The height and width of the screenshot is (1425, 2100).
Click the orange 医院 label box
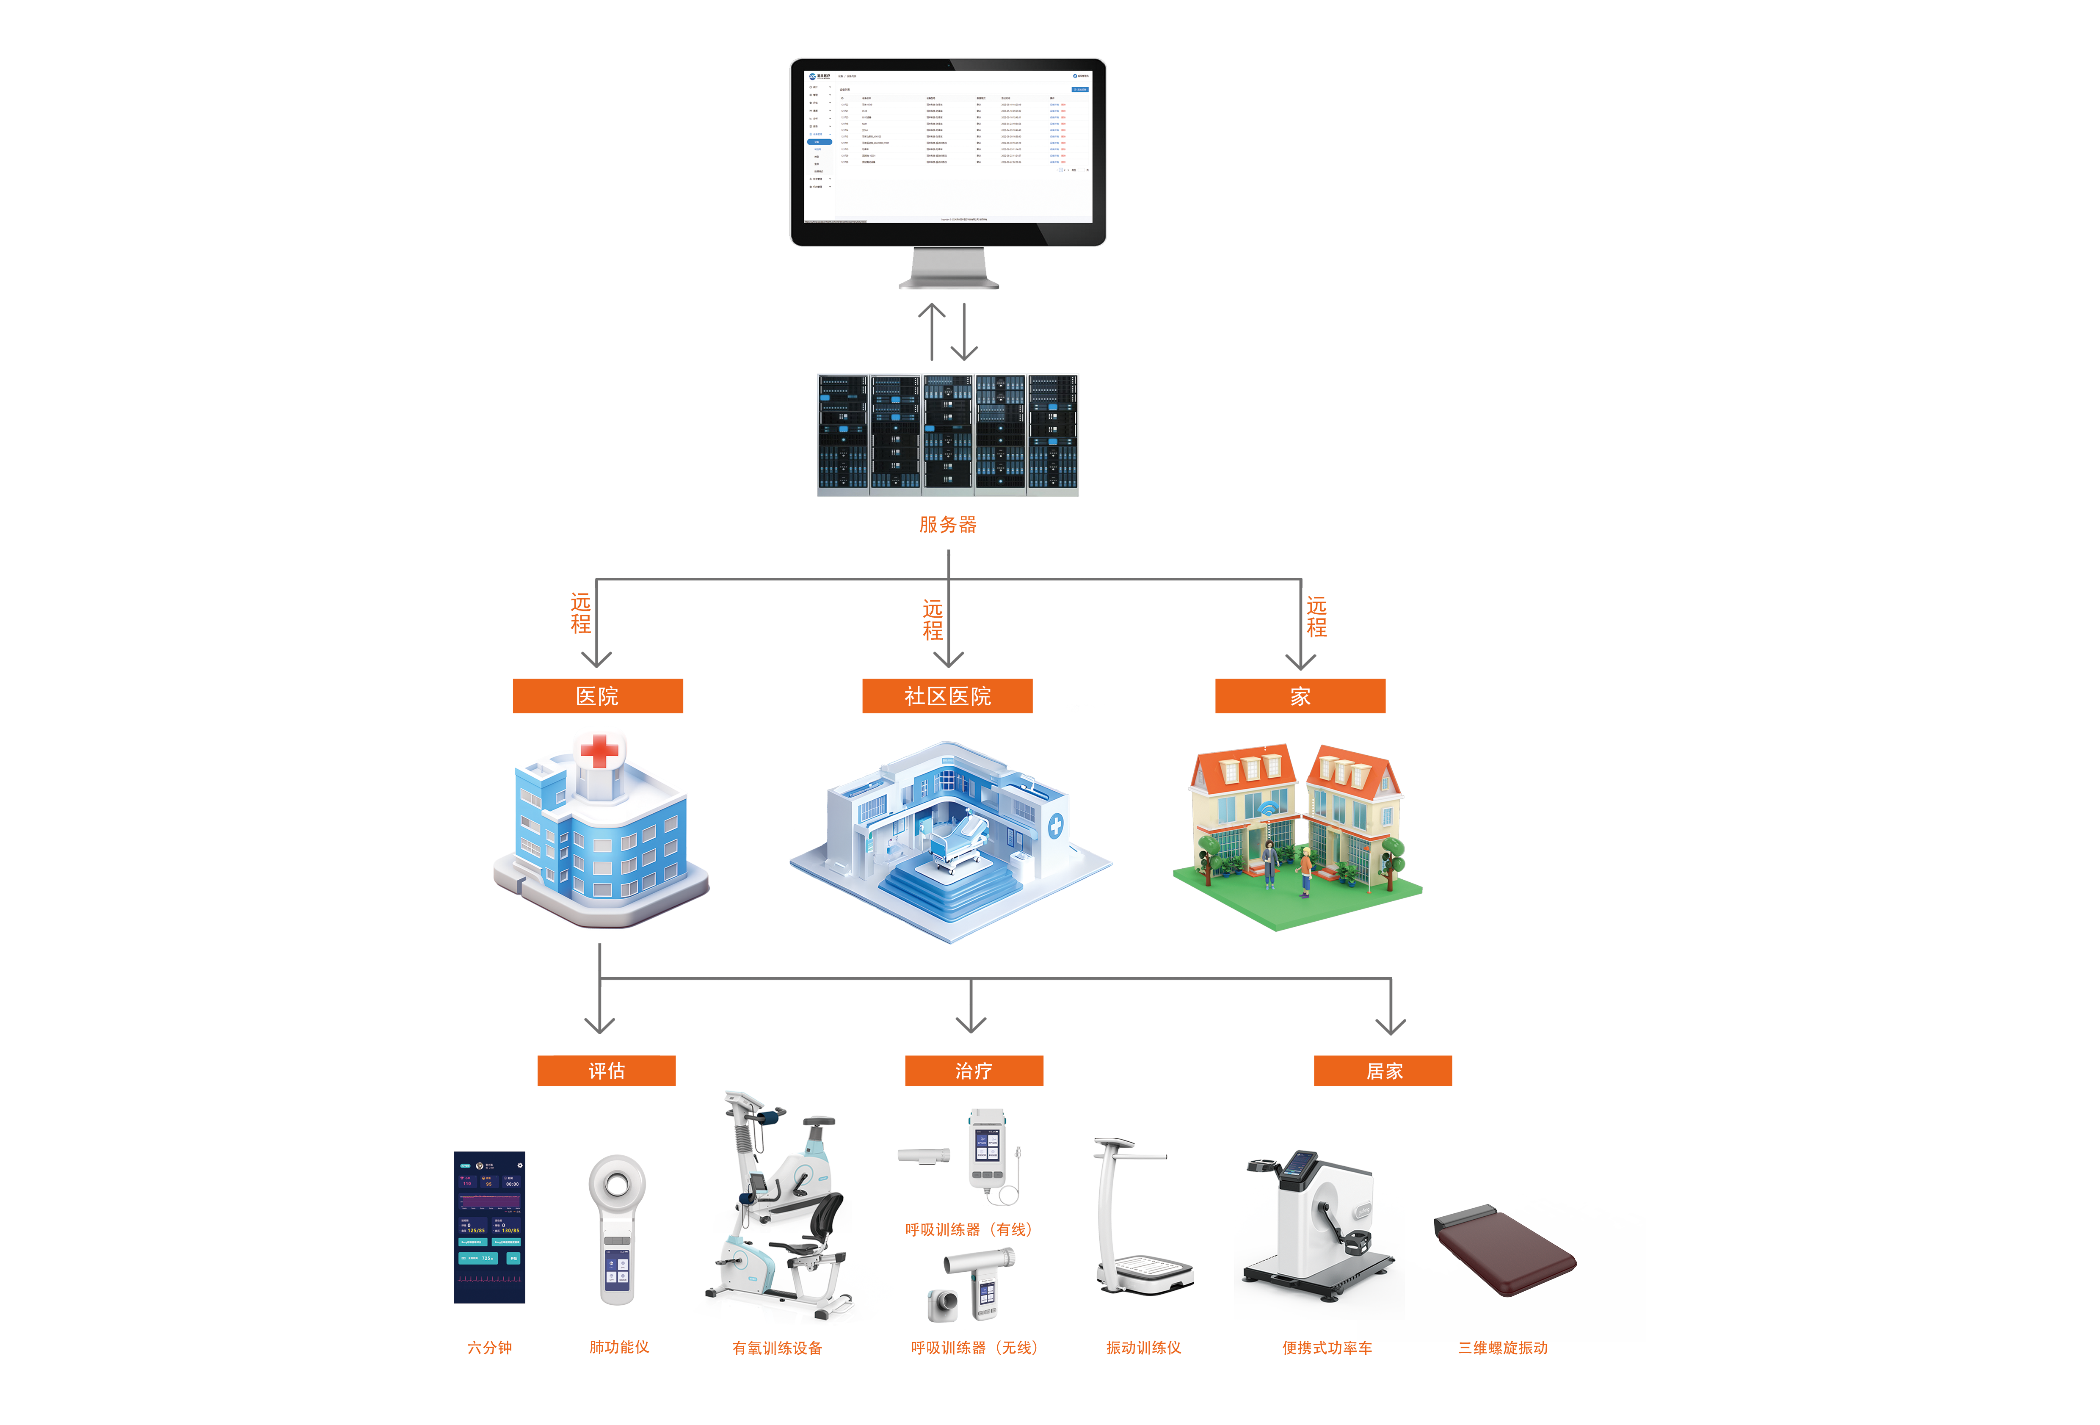597,696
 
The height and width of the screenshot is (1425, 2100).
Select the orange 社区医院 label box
947,696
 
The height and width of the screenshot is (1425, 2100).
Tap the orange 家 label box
1300,696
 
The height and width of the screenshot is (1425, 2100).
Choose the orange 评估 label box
606,1071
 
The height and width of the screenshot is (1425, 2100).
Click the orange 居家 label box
1383,1071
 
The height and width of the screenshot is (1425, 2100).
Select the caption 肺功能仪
619,1347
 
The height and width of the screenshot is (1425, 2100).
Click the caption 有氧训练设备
777,1348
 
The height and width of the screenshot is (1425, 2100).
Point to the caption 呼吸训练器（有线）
968,1230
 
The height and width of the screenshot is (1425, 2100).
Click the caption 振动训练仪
1143,1348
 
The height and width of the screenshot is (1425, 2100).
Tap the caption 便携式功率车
1327,1348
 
